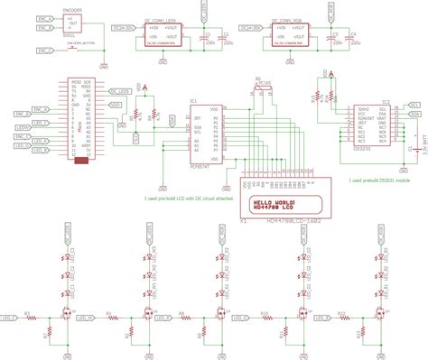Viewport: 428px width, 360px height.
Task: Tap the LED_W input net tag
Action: (91, 318)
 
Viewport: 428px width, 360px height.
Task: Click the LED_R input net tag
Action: (165, 318)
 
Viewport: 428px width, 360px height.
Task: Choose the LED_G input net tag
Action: (243, 318)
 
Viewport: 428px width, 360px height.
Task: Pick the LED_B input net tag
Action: (320, 318)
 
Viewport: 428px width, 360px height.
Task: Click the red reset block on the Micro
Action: (81, 162)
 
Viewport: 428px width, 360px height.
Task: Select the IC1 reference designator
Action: (193, 101)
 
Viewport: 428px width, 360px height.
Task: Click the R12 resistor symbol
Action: (342, 318)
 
